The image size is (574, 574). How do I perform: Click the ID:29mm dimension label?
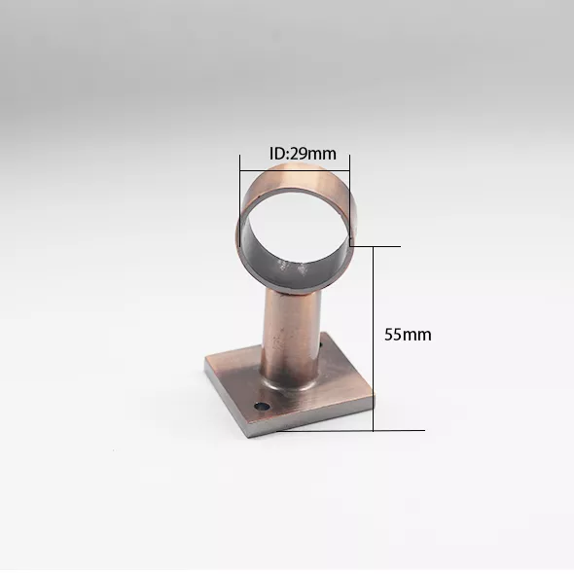point(303,154)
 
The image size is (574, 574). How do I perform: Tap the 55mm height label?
point(408,335)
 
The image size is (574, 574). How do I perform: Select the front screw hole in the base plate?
point(262,407)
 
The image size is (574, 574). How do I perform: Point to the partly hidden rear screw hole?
point(322,344)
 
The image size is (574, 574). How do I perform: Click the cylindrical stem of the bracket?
point(291,337)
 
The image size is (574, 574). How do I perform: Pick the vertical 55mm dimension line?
point(373,339)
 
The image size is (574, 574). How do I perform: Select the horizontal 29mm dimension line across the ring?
point(295,170)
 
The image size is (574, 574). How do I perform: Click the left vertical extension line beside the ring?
point(240,200)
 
